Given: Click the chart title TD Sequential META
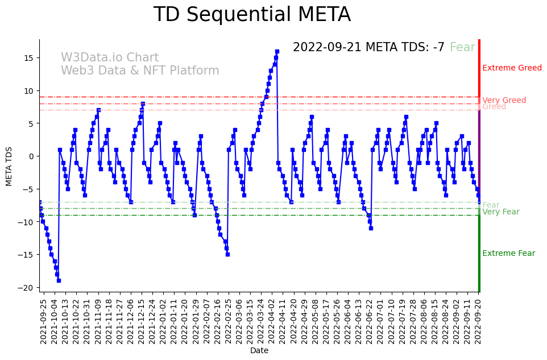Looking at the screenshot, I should tap(252, 15).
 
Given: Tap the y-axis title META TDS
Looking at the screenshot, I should tap(9, 165).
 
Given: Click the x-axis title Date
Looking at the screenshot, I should tap(259, 350).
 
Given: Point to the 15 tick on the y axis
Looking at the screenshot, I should tap(28, 58).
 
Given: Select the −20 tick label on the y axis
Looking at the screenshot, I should tap(26, 288).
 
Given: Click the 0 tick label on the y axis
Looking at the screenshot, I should tap(31, 156).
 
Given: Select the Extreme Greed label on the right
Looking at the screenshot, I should tap(512, 68).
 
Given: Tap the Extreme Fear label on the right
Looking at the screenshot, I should tap(508, 254).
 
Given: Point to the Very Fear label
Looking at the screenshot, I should tap(500, 212).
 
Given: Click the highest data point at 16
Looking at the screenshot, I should tap(277, 51).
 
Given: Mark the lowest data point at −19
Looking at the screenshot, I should tap(59, 280).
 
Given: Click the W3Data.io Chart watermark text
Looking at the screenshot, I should tap(110, 58).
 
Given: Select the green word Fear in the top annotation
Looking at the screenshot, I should tap(462, 47).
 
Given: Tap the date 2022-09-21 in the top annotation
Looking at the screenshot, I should tap(327, 47).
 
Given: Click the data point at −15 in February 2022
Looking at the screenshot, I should tap(227, 254).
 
